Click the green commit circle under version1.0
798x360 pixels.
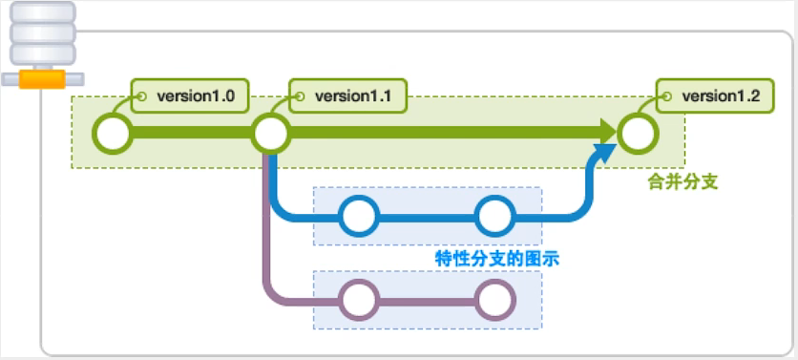pyautogui.click(x=113, y=134)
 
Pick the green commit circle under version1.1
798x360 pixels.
pyautogui.click(x=271, y=134)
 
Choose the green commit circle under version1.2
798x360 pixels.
pyautogui.click(x=638, y=134)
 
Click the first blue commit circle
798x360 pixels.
pyautogui.click(x=359, y=216)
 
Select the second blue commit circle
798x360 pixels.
pyautogui.click(x=495, y=216)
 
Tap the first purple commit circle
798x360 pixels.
pyautogui.click(x=359, y=300)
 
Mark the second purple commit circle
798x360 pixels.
pyautogui.click(x=495, y=300)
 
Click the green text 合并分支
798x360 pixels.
pyautogui.click(x=675, y=179)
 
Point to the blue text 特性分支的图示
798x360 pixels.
pyautogui.click(x=496, y=257)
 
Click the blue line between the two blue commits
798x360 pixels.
pyautogui.click(x=427, y=217)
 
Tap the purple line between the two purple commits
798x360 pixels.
pyautogui.click(x=427, y=301)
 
